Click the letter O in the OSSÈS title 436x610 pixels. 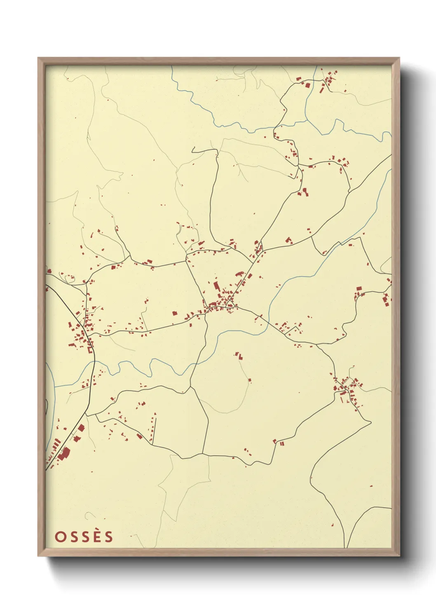[61, 537]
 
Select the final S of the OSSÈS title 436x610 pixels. [109, 537]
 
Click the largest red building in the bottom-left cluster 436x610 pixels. [64, 454]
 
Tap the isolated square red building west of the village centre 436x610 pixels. [174, 313]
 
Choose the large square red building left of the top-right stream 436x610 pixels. [307, 85]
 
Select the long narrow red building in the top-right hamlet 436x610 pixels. [322, 88]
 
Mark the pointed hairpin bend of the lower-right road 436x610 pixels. [370, 422]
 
